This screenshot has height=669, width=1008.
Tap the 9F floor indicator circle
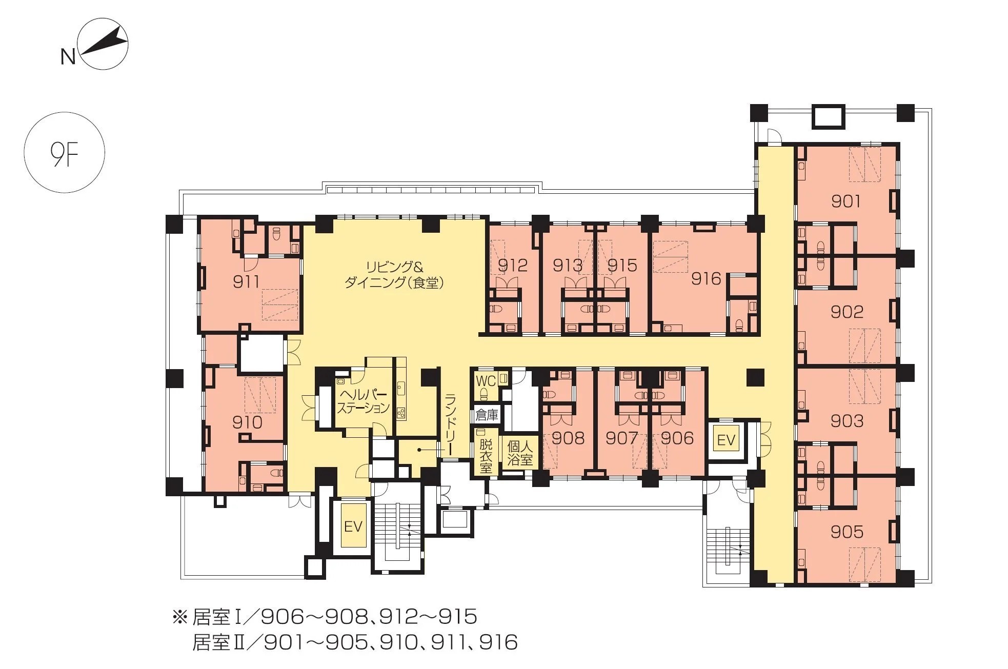(65, 153)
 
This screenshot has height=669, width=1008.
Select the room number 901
(845, 201)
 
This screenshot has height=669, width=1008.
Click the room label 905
(846, 532)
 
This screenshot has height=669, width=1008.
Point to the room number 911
(246, 281)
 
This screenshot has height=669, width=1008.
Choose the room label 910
(247, 422)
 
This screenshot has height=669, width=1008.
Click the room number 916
(706, 278)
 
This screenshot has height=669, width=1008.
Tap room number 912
(513, 265)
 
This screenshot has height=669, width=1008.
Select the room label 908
(568, 438)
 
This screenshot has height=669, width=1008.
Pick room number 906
(677, 438)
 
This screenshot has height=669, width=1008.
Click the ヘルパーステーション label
(363, 402)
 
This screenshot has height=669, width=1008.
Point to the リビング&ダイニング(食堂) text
(394, 275)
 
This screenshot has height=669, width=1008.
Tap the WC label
(486, 381)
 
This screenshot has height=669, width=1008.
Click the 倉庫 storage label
(487, 415)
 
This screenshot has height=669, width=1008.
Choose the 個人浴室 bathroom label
(520, 453)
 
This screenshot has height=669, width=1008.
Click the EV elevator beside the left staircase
(353, 526)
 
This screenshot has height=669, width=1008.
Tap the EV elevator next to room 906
(726, 440)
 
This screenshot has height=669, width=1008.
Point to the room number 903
(846, 421)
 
